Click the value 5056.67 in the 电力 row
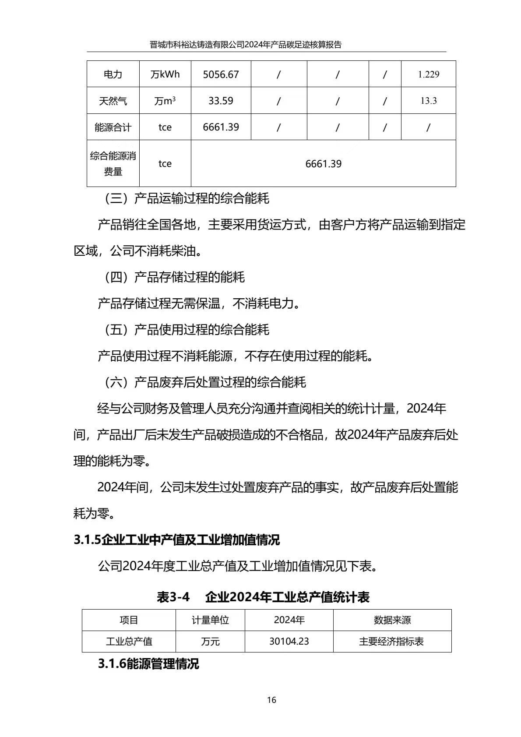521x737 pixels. click(x=221, y=74)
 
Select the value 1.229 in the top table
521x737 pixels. click(x=428, y=74)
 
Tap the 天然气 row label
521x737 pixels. click(x=113, y=101)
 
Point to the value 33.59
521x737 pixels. click(x=221, y=101)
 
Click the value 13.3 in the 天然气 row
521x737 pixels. click(x=428, y=101)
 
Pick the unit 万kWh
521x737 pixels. click(x=165, y=74)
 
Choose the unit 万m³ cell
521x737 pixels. click(x=165, y=101)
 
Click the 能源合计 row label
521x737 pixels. click(x=113, y=127)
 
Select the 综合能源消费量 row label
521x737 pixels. click(x=113, y=163)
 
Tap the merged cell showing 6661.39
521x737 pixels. click(x=323, y=164)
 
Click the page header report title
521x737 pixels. click(x=245, y=45)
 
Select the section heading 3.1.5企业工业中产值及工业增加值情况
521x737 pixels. click(x=176, y=540)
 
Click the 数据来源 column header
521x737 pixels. click(x=392, y=620)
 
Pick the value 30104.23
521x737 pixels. click(x=289, y=642)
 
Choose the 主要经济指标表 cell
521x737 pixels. click(x=391, y=642)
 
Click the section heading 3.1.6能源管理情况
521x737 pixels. click(x=148, y=664)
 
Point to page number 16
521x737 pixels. click(x=271, y=700)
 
